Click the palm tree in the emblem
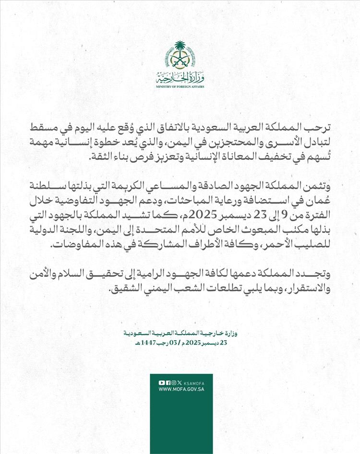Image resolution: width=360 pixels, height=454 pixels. click(180, 50)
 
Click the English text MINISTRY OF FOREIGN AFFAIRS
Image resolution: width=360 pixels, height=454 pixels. click(180, 87)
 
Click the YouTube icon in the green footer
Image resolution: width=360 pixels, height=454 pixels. click(161, 382)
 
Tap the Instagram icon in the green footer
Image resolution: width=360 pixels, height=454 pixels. click(173, 382)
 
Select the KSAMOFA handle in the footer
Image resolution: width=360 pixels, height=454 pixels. click(194, 383)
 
